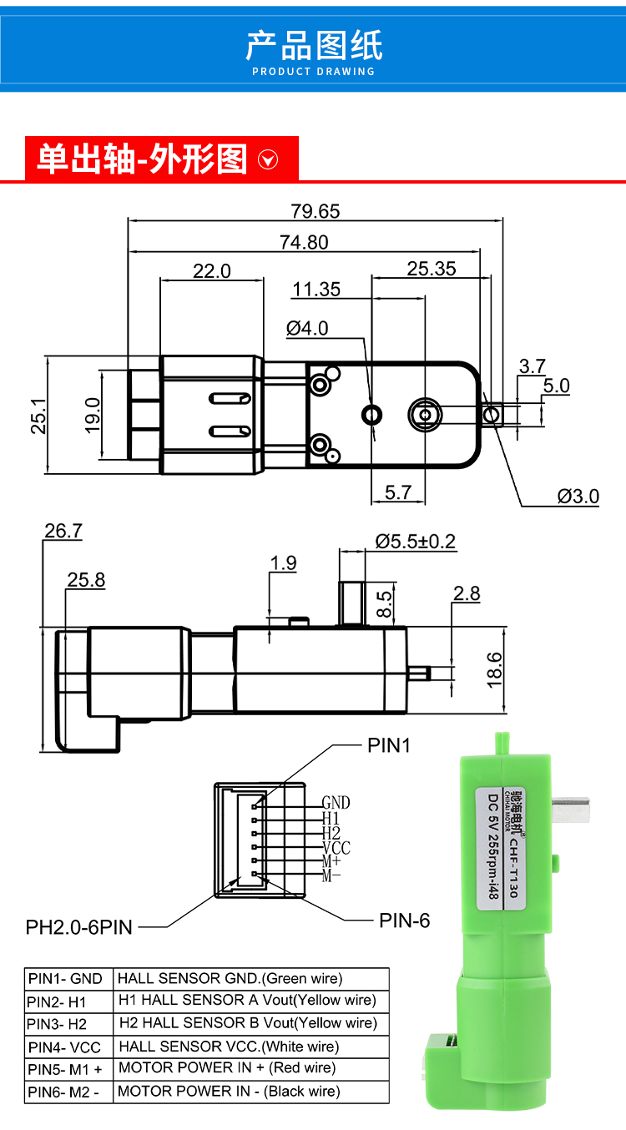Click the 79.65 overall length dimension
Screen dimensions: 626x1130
click(316, 211)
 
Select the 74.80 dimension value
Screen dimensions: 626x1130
click(304, 243)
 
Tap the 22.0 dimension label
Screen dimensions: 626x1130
click(212, 271)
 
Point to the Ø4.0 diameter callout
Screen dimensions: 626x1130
click(307, 329)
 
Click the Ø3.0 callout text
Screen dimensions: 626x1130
click(578, 497)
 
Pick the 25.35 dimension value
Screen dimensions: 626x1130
click(432, 269)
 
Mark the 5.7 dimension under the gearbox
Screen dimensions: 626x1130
click(398, 492)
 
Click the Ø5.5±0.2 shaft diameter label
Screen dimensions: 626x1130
click(415, 542)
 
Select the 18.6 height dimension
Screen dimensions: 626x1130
click(495, 670)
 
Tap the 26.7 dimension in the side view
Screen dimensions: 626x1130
click(63, 531)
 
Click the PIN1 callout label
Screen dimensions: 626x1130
click(389, 745)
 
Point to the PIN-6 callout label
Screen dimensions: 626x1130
click(405, 921)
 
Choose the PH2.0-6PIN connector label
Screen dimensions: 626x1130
click(78, 927)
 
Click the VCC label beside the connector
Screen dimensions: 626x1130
click(336, 848)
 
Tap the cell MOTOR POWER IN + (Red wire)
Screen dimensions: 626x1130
click(251, 1069)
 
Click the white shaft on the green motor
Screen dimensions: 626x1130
click(571, 810)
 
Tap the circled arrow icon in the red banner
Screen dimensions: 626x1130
click(268, 160)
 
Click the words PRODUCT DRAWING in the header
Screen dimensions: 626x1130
click(313, 72)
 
